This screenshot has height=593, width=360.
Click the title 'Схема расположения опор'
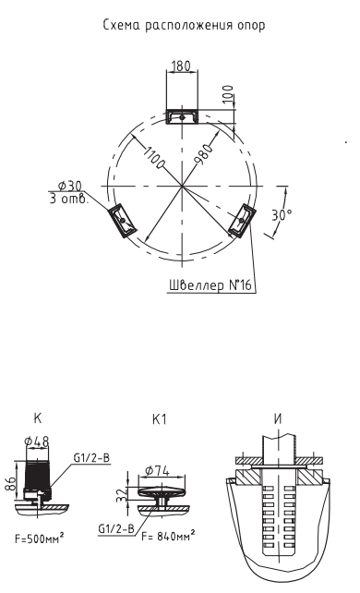[184, 25]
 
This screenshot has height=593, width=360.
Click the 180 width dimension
[181, 67]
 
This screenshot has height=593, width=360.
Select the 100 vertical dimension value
[228, 94]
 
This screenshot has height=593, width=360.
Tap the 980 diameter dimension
[204, 154]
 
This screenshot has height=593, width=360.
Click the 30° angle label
[282, 215]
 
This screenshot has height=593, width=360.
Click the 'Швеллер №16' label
[210, 284]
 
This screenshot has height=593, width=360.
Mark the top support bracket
[182, 117]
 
